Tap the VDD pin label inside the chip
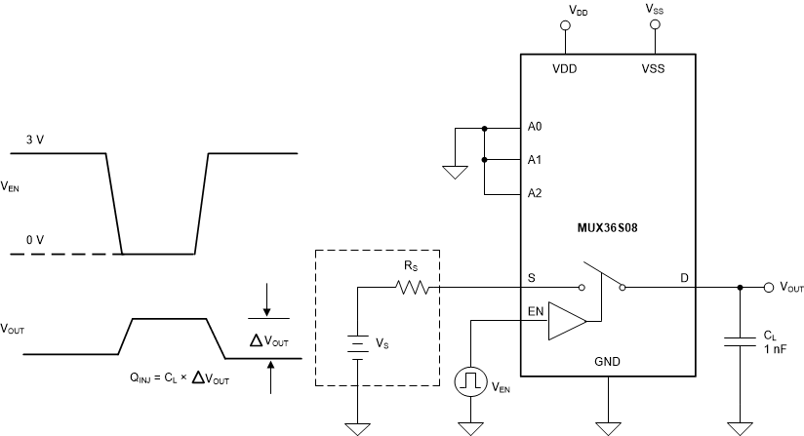click(x=564, y=71)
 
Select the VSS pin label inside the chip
click(x=654, y=71)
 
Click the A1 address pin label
click(x=534, y=160)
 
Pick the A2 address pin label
click(x=534, y=193)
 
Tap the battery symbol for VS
click(x=358, y=345)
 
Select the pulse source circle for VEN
click(x=470, y=381)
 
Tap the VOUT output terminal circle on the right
click(x=770, y=288)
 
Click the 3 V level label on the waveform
click(x=34, y=140)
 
